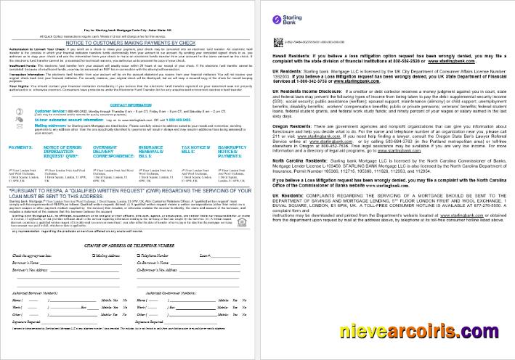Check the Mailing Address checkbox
pos(89,256)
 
